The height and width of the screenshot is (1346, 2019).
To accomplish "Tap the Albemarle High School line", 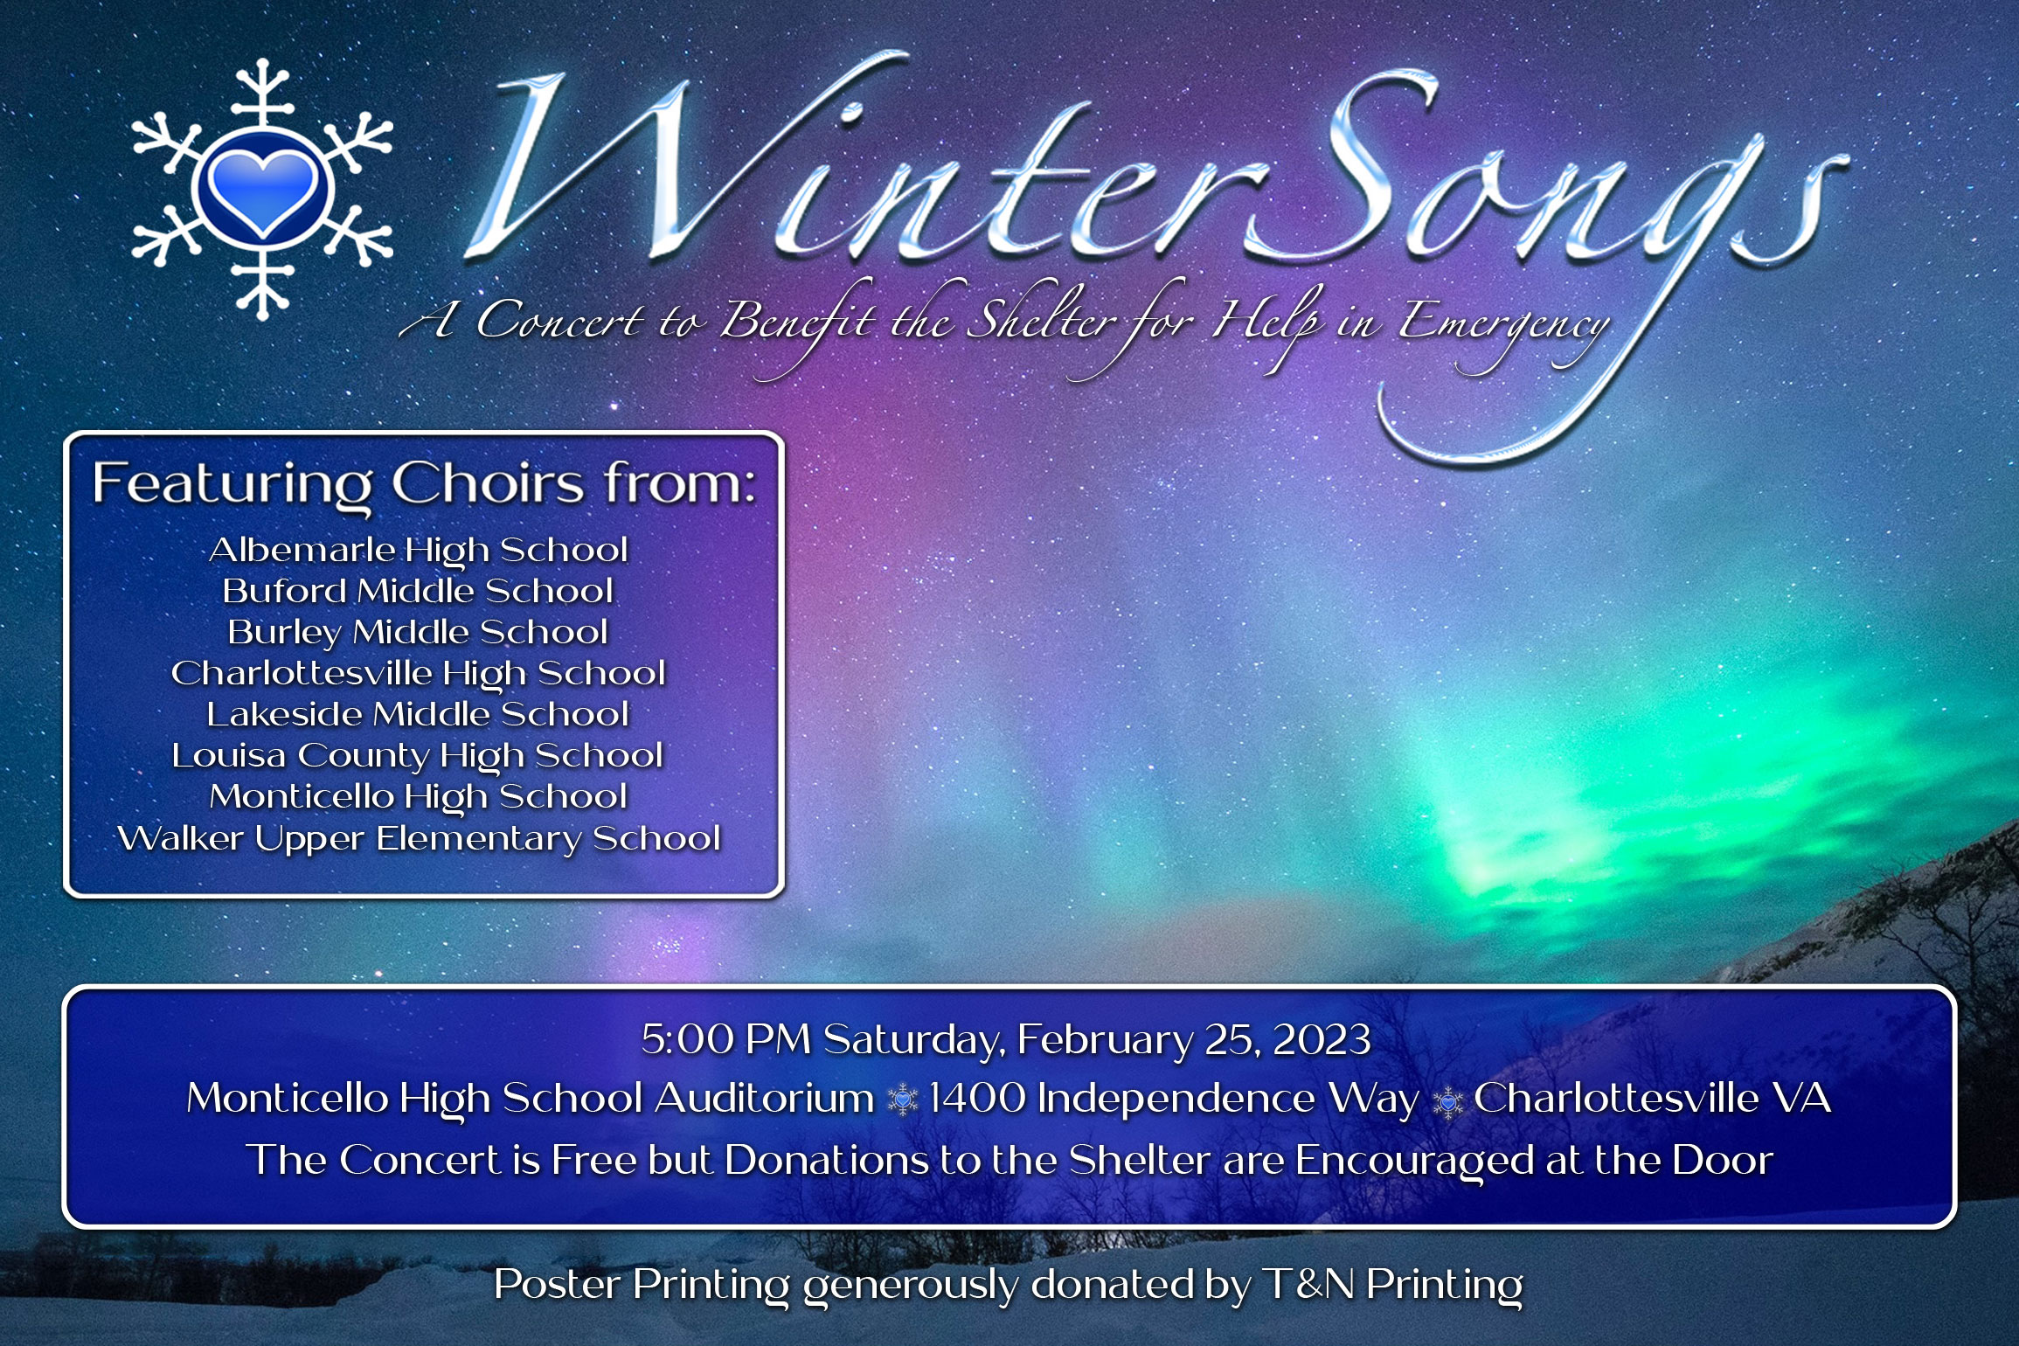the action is click(x=419, y=551).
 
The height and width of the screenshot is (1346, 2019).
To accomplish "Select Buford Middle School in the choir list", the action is click(x=418, y=592).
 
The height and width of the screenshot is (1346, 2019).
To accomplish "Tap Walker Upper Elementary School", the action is click(x=419, y=838).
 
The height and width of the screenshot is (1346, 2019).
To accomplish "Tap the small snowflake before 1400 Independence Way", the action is click(x=902, y=1100).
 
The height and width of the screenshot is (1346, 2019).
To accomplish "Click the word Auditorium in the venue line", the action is click(x=765, y=1099).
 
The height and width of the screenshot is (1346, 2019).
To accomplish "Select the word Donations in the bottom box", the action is click(x=826, y=1161).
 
